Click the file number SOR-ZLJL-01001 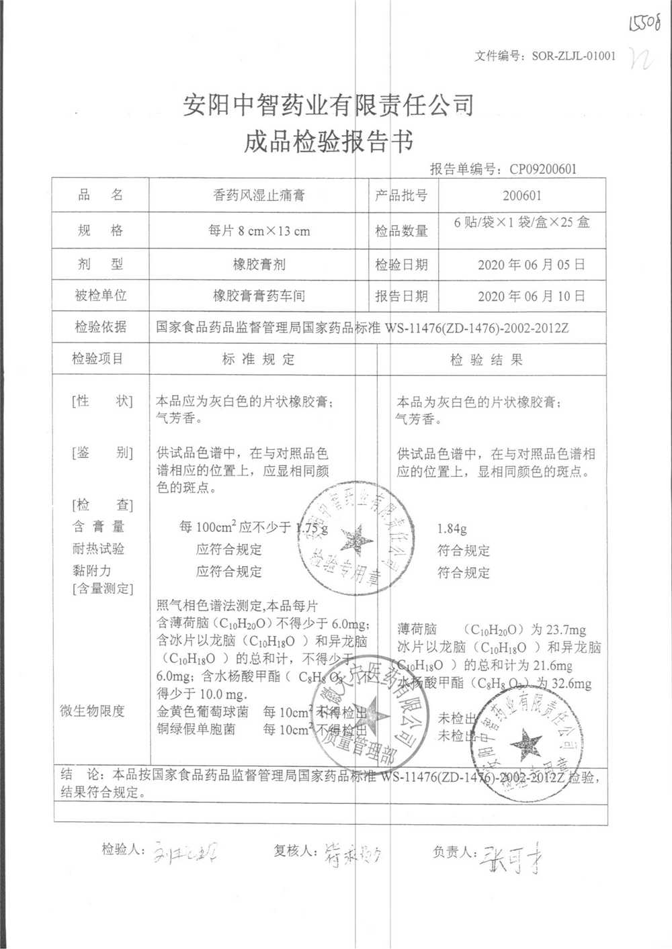(573, 56)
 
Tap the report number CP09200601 (542, 169)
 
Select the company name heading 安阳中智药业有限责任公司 (329, 105)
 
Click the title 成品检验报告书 (329, 142)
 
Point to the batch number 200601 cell (521, 195)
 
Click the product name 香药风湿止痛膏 (259, 195)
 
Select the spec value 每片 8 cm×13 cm (259, 231)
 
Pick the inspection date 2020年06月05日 (531, 265)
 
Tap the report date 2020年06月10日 (531, 296)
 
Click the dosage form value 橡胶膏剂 (259, 265)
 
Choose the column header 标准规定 (259, 359)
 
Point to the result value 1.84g (452, 529)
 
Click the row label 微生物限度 (92, 711)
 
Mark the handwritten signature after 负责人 (511, 858)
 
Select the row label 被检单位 (100, 296)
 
